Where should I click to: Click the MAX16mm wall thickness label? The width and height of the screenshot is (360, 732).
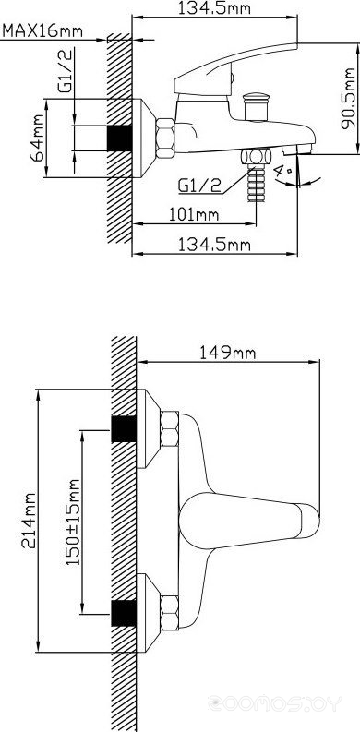42,31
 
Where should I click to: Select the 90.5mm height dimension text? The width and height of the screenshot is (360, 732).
348,99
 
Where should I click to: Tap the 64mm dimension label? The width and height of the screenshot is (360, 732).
37,138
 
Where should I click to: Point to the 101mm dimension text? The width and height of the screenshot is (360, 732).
194,215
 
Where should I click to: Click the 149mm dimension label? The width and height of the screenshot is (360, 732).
228,353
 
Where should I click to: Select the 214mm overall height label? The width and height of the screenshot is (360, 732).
30,521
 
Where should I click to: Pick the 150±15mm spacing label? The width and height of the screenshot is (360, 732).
73,522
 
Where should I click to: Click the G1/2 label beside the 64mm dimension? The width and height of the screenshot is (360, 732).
66,71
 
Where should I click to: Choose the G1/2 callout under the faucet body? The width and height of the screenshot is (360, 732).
199,186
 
